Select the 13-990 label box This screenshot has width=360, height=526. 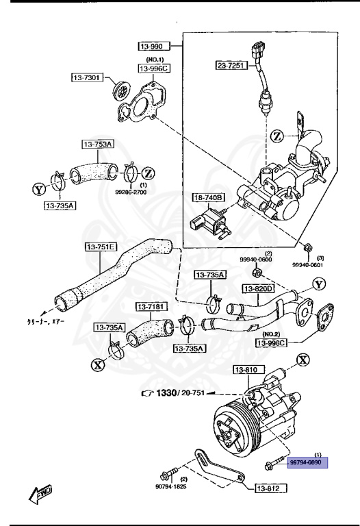click(x=152, y=47)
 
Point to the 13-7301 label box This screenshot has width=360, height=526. click(x=86, y=77)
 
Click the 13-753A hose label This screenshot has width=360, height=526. click(x=99, y=144)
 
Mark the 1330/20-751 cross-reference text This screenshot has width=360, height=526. click(x=174, y=393)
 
